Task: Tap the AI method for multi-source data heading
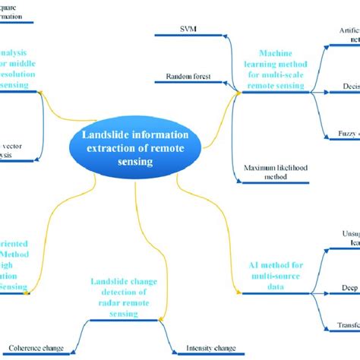(279, 271)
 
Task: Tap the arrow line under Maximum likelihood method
(267, 182)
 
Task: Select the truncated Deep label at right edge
(350, 289)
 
